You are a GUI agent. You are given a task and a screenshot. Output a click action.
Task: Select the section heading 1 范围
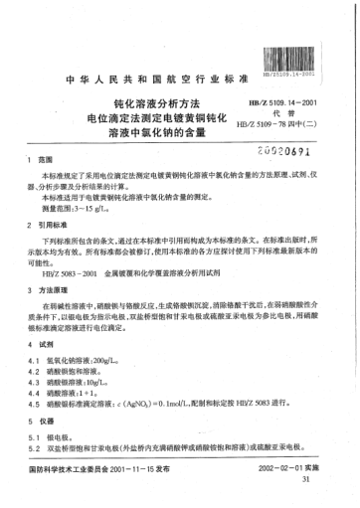point(35,160)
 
